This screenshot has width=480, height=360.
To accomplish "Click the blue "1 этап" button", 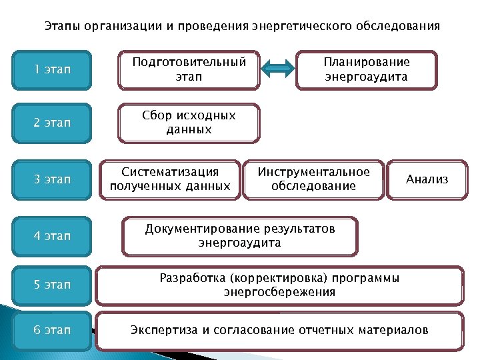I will pos(52,69).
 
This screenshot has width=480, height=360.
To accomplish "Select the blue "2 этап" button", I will pos(52,123).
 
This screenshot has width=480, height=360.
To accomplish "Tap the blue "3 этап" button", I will pos(52,179).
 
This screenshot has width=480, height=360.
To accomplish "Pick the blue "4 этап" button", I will pos(52,235).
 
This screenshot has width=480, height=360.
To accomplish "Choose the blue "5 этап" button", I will pos(52,285).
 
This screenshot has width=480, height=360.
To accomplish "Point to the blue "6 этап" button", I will pos(52,330).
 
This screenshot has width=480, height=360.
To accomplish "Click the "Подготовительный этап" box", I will pos(189,69).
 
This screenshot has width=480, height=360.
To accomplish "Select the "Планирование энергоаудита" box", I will pos(367,69).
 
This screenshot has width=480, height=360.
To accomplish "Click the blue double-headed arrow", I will pos(277,69).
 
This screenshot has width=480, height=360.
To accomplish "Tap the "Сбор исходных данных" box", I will pos(189,123).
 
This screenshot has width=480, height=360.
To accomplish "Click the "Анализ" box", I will pos(427,179).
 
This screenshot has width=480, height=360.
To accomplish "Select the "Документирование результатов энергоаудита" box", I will pos(240,235).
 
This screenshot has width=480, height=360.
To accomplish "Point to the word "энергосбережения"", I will pos(279,292).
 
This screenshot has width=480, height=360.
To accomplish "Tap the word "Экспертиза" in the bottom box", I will pos(160,330).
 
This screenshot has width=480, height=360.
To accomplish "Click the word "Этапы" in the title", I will pos(61,27).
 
